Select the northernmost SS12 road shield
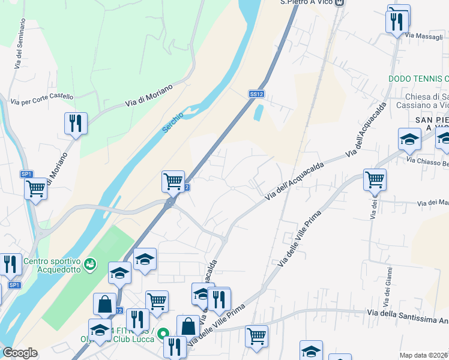(256, 94)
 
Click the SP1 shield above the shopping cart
(26, 174)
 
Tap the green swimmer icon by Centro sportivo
(90, 263)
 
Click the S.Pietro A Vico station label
(307, 2)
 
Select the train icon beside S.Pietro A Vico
(340, 2)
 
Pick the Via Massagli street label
(424, 36)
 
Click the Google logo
(20, 353)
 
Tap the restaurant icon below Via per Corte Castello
(76, 124)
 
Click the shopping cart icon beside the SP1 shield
(35, 189)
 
